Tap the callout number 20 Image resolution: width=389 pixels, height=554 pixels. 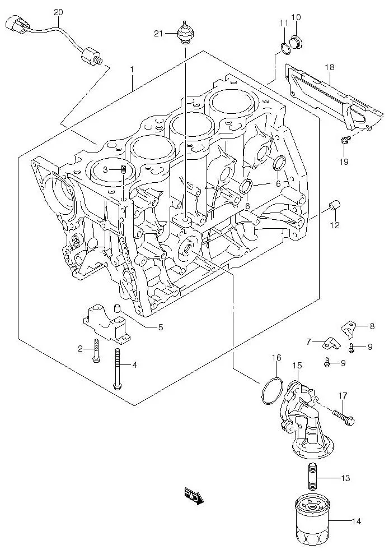click(x=59, y=12)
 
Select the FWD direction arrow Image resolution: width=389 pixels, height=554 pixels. click(x=194, y=495)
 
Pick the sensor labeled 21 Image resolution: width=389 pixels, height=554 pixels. click(x=184, y=33)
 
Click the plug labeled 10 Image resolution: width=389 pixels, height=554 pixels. click(x=297, y=39)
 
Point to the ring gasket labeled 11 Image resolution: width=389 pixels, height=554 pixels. click(x=285, y=47)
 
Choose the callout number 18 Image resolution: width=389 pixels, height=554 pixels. click(x=330, y=67)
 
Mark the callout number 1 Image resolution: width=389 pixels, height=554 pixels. click(x=132, y=70)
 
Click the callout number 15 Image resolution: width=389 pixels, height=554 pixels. click(x=297, y=366)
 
